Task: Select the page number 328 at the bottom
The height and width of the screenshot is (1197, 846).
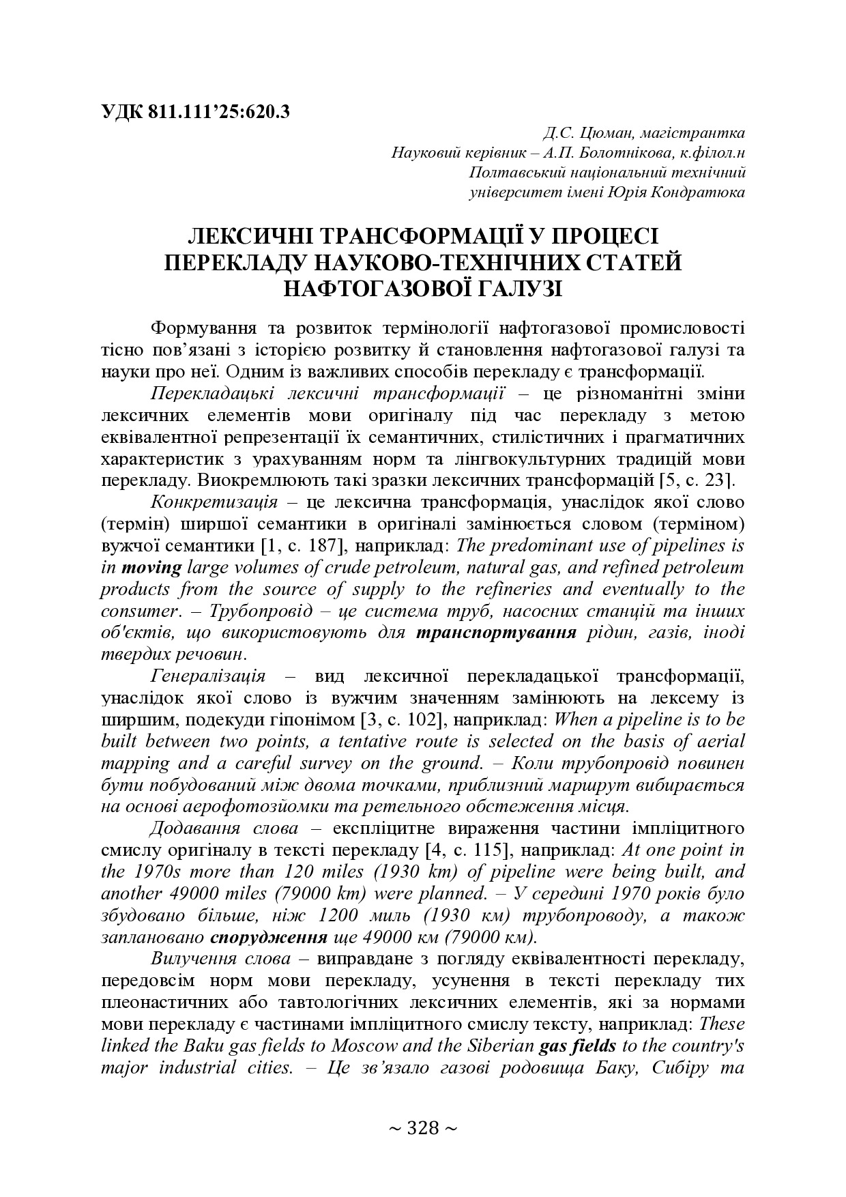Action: (x=422, y=1128)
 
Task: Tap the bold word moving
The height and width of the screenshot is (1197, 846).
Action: (x=151, y=567)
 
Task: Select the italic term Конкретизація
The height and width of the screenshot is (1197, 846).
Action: (x=214, y=502)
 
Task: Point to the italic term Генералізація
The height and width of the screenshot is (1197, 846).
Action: (x=208, y=676)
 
